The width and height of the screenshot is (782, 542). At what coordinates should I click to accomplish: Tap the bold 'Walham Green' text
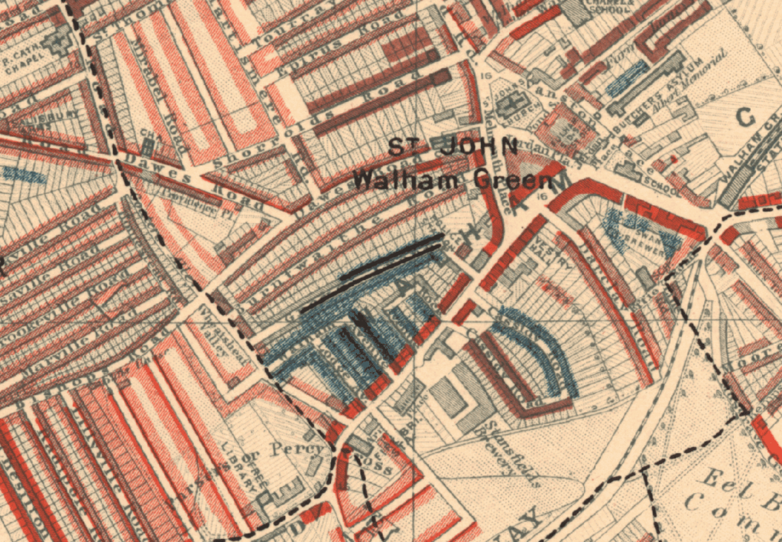452,181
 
